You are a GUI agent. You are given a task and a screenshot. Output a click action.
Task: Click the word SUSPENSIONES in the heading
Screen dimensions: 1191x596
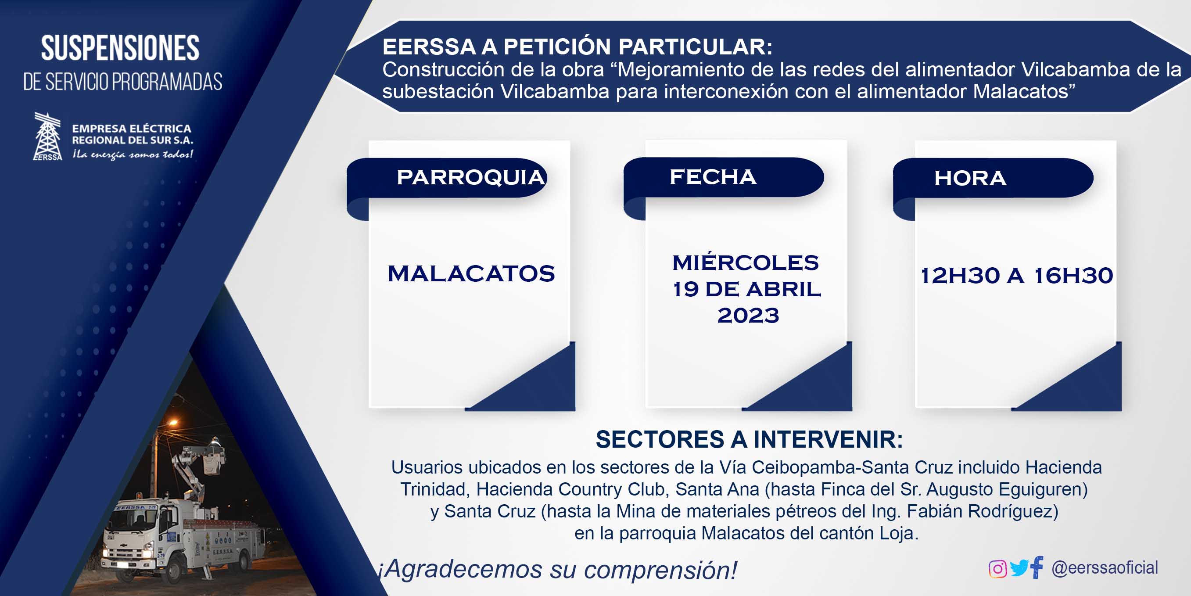pos(120,48)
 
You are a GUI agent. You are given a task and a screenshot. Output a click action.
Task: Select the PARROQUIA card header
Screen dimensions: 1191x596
pos(447,178)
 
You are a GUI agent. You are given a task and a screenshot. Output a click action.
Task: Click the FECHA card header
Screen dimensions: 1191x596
pos(724,178)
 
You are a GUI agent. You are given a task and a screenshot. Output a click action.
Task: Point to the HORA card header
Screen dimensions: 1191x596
pos(993,178)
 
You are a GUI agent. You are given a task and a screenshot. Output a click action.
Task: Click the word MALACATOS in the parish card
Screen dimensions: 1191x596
pos(471,273)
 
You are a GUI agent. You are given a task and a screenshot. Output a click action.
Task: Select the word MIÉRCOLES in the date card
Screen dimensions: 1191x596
pos(746,262)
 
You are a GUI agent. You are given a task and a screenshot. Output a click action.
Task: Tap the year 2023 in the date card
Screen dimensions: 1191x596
pos(748,316)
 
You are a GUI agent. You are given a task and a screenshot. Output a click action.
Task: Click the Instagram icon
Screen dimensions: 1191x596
pos(997,569)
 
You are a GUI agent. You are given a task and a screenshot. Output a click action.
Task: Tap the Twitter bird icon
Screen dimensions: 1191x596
pos(1019,568)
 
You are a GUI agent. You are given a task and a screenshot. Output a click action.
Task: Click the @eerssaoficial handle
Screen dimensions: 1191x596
pos(1105,568)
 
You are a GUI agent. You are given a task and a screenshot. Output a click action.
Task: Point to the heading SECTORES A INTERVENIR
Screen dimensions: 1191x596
pos(749,439)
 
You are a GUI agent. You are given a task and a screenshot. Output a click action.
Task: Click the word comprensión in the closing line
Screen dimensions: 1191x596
pos(660,570)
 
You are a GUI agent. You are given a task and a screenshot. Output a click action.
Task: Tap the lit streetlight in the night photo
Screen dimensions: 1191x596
pos(172,422)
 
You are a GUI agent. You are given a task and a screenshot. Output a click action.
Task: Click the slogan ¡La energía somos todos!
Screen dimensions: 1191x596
pos(133,154)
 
